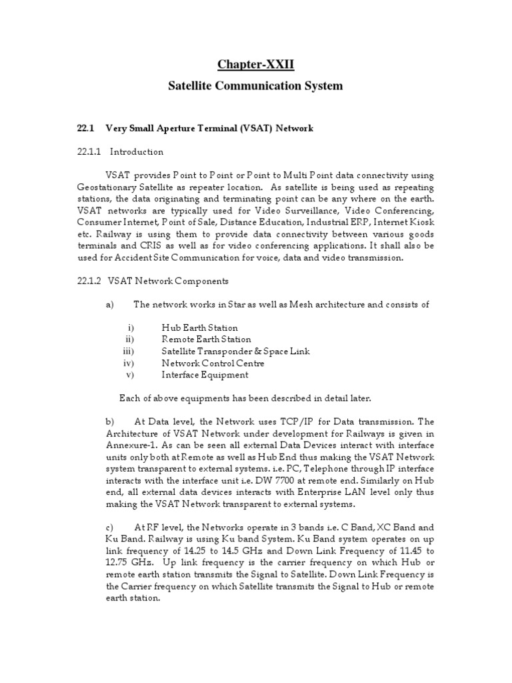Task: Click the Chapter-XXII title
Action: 255,64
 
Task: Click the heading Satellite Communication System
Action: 255,86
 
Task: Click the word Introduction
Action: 137,151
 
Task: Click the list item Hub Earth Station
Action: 199,328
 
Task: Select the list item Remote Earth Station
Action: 206,339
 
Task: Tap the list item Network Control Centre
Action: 213,363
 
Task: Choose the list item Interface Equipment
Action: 205,375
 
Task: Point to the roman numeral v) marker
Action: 131,375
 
